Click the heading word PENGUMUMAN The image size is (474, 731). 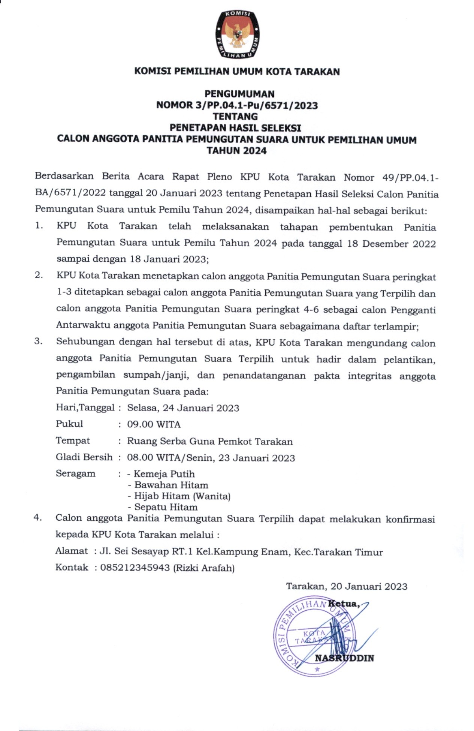coord(239,94)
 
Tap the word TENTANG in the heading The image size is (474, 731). coord(235,117)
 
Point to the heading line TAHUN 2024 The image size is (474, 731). coord(237,151)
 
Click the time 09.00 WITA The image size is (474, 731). coord(154,424)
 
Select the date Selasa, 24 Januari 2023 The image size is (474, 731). coord(183,408)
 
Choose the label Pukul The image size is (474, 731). coord(69,424)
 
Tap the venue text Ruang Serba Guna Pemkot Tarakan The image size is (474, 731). coord(210,441)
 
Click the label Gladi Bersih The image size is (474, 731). coord(84,457)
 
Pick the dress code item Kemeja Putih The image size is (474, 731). coord(164,474)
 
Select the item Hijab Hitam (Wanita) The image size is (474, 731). coord(182,496)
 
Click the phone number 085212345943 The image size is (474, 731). coord(135,568)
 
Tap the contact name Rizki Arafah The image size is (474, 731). coord(204,568)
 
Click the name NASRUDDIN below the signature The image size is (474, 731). coord(344,658)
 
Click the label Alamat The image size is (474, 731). coord(71,551)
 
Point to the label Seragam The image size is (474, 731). coord(75,473)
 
